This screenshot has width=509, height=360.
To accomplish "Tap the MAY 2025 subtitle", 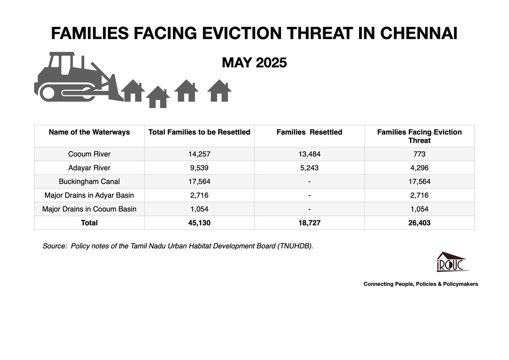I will [254, 63].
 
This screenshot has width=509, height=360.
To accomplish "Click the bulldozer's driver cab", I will [62, 65].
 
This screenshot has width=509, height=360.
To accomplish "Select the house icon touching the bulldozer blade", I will [132, 91].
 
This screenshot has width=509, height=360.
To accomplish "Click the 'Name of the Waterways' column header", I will [89, 132].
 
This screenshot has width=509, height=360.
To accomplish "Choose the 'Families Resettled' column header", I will [309, 132].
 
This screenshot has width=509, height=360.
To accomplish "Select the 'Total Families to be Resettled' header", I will [199, 132].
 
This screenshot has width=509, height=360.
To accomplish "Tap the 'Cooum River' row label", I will [89, 154].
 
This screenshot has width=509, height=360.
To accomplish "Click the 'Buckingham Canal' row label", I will [89, 181].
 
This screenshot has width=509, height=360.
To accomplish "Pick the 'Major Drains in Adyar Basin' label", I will [89, 195].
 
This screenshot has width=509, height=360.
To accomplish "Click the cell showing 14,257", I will [199, 154].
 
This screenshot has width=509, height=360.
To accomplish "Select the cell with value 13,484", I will [309, 154].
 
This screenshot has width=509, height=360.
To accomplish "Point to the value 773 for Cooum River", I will [419, 154].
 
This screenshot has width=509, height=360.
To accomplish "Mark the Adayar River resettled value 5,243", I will [309, 168].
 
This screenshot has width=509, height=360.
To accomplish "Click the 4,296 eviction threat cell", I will [419, 168].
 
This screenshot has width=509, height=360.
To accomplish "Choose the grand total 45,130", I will [199, 223].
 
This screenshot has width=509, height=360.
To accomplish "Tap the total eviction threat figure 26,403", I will [419, 223].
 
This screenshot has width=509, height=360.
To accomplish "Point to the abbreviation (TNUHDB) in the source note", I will [294, 246].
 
